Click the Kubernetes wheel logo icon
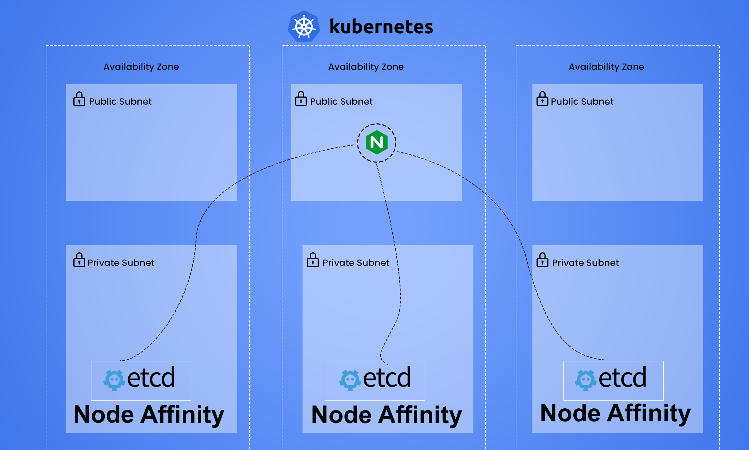[304, 27]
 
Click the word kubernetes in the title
[381, 27]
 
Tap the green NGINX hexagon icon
[377, 142]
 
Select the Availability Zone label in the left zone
[141, 67]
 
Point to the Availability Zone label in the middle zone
[366, 67]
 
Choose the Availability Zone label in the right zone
[606, 67]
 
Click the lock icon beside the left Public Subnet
[79, 99]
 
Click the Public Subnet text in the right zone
[582, 102]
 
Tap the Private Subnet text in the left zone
[121, 263]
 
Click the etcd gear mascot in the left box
[114, 380]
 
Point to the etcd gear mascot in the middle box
[350, 380]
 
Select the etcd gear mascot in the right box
[586, 380]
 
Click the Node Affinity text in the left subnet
[149, 415]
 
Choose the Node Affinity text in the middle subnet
[386, 415]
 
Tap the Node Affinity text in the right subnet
[615, 414]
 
